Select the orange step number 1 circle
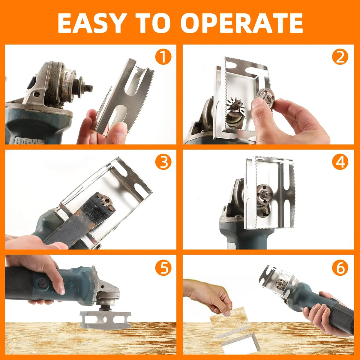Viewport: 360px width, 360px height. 163,57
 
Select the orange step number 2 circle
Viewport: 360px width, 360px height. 340,57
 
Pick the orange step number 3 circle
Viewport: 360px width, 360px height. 163,162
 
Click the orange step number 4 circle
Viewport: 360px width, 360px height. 340,162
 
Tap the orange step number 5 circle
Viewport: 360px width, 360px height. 163,268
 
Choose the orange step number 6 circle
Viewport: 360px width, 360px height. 340,268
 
